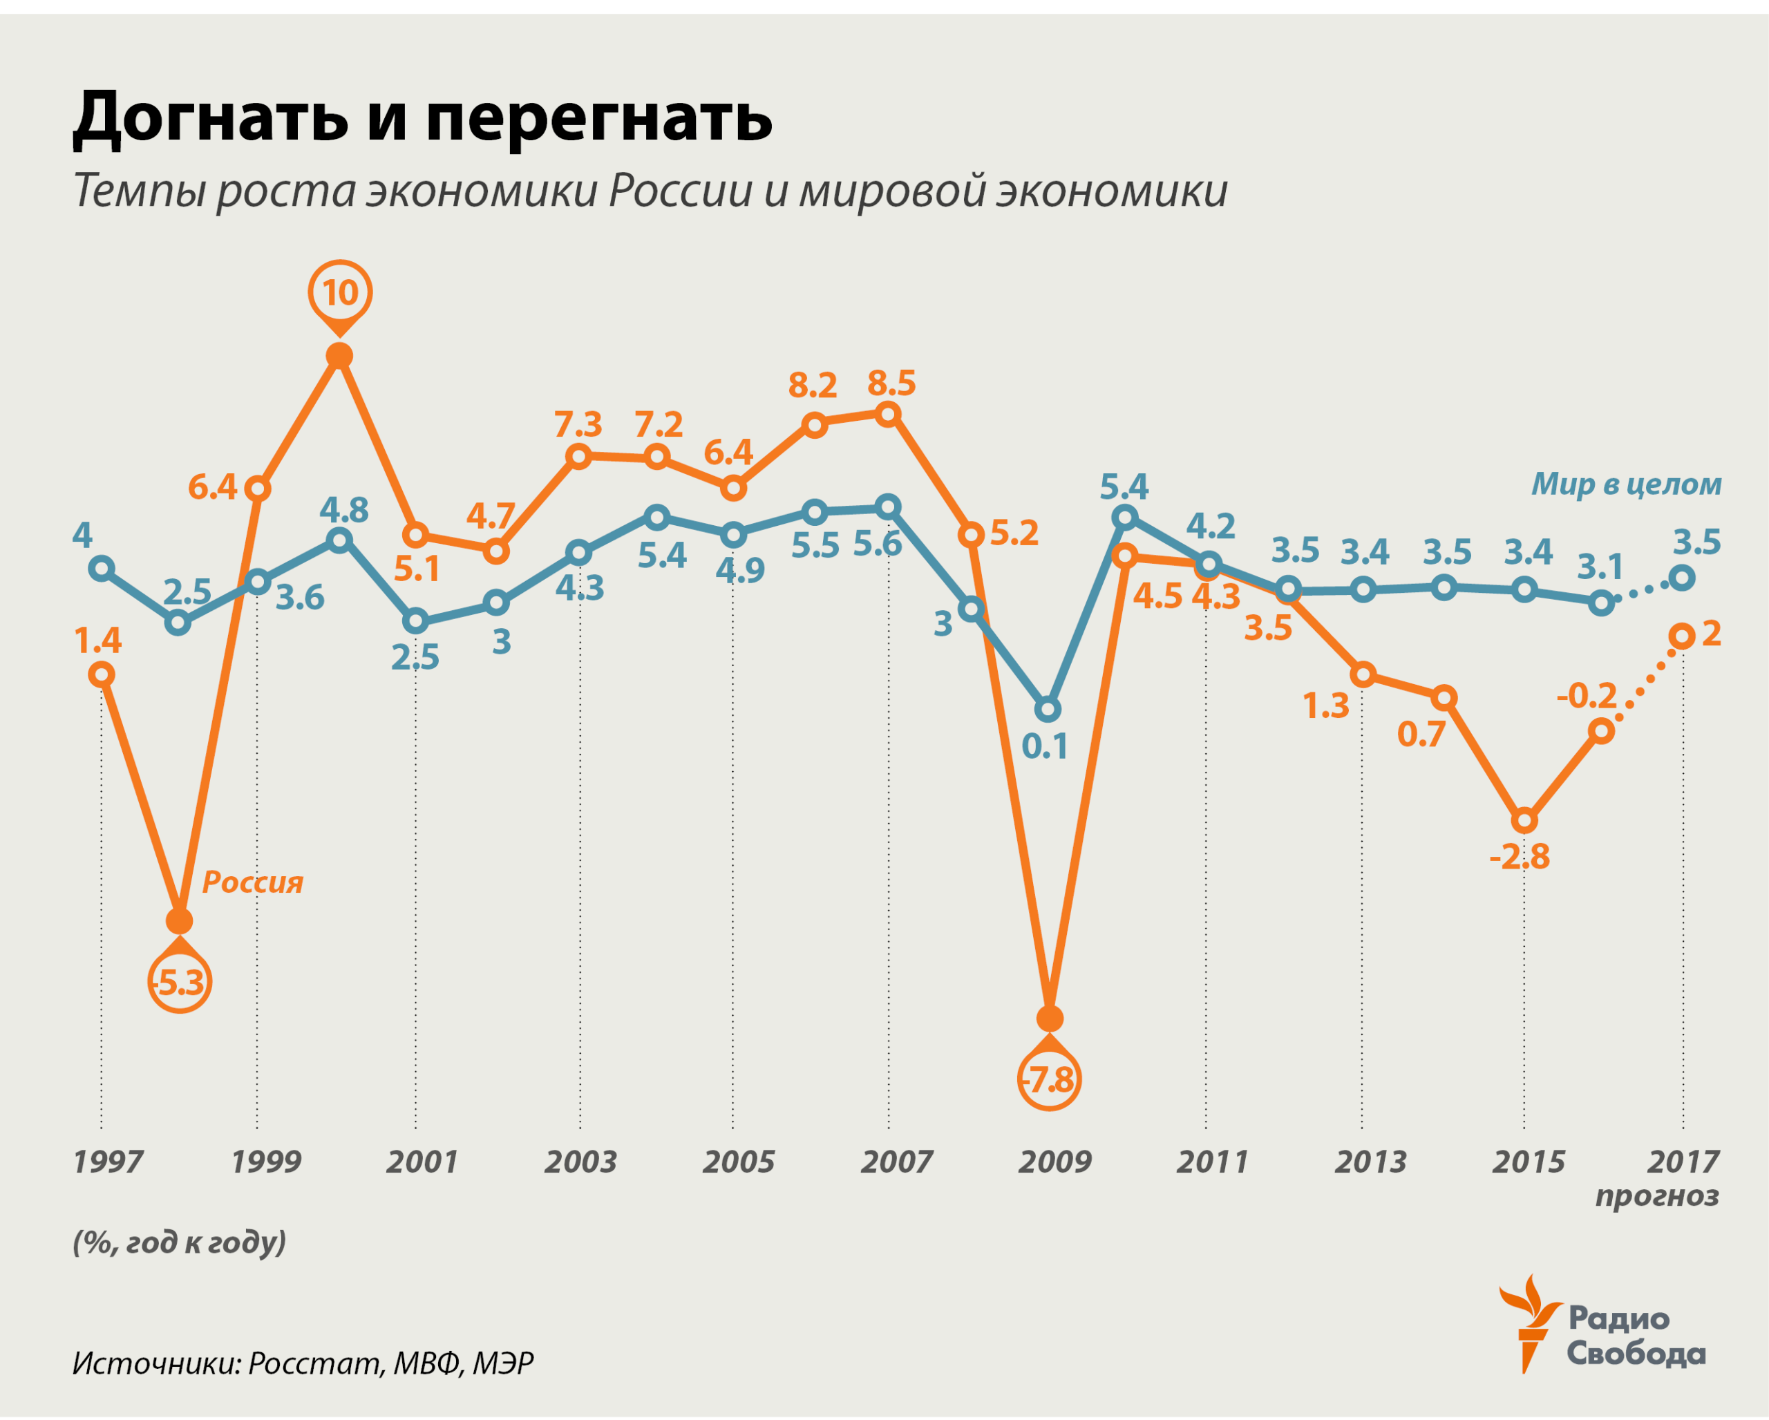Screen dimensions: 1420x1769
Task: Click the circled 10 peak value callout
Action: point(340,292)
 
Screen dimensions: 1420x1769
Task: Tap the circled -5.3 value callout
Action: point(180,982)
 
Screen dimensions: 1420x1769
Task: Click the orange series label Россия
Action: point(253,882)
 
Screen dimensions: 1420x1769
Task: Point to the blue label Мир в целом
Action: point(1626,484)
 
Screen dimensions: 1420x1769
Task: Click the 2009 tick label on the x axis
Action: point(1054,1162)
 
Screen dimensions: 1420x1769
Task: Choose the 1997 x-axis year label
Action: point(108,1162)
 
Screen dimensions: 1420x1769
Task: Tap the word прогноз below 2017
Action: point(1656,1196)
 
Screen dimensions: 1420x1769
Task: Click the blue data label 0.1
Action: point(1045,746)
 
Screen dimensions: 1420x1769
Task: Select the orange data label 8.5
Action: point(892,383)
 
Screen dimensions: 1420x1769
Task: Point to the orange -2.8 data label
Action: point(1520,856)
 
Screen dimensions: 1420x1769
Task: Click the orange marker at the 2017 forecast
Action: point(1683,636)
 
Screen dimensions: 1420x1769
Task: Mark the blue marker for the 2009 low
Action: point(1048,709)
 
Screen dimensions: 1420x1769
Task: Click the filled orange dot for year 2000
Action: point(340,355)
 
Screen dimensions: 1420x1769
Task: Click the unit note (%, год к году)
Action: point(180,1241)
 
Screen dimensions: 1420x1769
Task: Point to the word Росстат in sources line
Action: point(315,1363)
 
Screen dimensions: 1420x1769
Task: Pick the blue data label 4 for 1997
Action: point(82,536)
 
